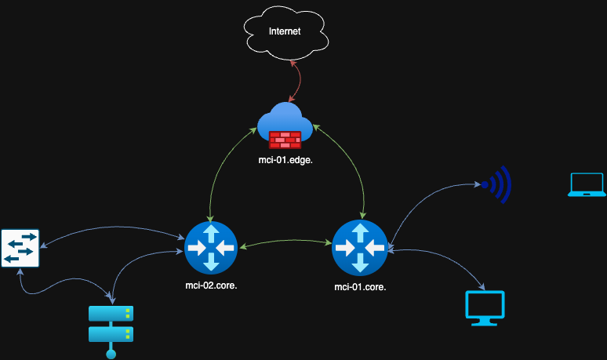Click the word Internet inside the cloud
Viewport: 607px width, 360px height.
(285, 31)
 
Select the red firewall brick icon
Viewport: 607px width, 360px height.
(285, 139)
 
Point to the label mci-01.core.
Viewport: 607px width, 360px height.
(360, 287)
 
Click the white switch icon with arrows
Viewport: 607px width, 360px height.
(20, 248)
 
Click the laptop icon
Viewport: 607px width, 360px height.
(587, 184)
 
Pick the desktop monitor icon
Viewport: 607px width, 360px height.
(485, 307)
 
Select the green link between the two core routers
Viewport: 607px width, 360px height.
(285, 243)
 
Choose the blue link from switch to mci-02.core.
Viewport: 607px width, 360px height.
(110, 229)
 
